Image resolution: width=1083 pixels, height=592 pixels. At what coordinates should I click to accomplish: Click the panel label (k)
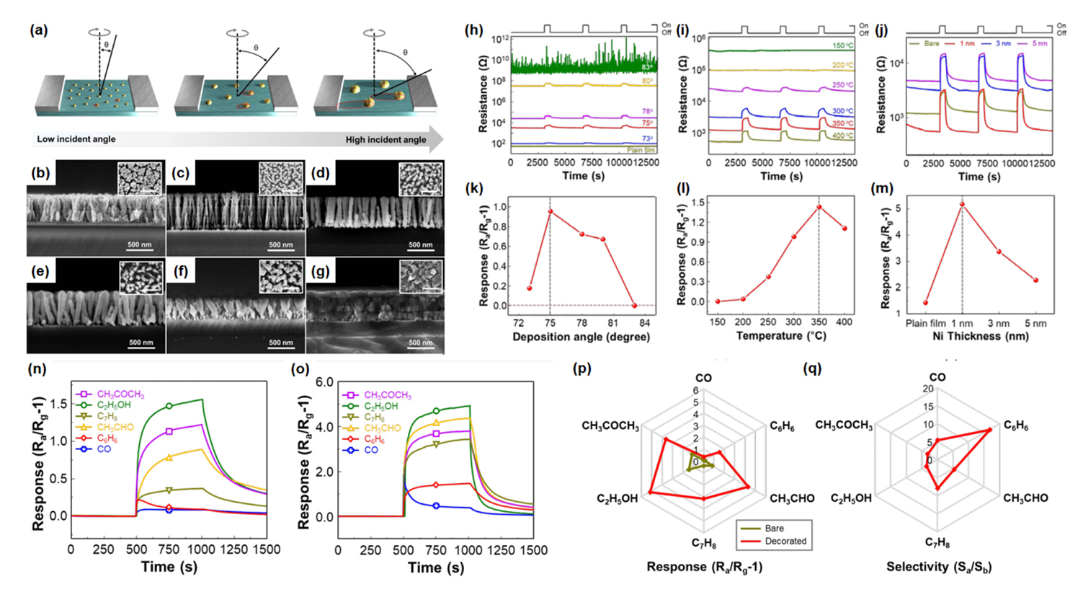[473, 189]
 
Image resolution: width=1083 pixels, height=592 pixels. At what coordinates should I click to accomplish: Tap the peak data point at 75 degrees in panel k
[550, 211]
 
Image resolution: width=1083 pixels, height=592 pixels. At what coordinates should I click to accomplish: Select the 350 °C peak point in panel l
[819, 207]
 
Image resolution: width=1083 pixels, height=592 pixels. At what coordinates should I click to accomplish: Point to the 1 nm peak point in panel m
[962, 204]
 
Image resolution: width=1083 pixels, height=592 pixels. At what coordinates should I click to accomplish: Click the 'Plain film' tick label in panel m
[925, 323]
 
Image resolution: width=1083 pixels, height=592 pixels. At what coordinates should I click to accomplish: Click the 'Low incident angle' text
[76, 139]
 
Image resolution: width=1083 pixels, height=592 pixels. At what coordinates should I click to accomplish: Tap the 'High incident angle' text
[385, 139]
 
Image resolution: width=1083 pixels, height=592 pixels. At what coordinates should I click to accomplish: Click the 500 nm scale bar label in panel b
[140, 245]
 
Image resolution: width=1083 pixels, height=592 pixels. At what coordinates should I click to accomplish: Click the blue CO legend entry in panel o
[370, 450]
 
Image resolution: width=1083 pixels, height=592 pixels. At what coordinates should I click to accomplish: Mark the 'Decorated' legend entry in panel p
[785, 541]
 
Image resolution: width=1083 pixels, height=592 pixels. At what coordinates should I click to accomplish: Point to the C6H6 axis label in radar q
[1016, 427]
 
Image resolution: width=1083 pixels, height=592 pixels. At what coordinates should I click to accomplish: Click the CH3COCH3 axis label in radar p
[610, 426]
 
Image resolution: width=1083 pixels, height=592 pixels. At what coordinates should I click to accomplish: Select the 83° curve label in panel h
[647, 67]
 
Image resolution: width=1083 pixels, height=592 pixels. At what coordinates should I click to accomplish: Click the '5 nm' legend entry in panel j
[1038, 44]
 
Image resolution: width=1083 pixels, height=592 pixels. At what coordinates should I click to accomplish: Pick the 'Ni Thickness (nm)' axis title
[971, 336]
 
